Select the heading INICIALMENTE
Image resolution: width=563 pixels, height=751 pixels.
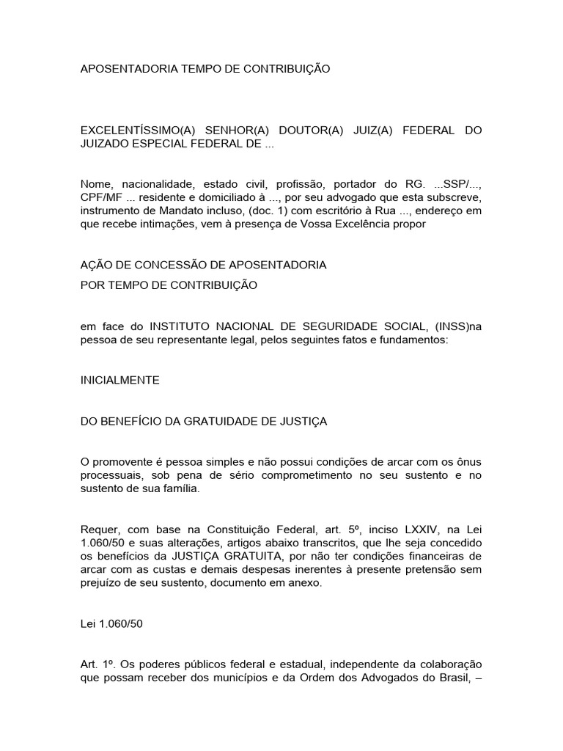tap(119, 381)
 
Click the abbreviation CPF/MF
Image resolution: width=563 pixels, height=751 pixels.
tap(101, 197)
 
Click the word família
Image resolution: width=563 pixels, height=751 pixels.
tap(180, 489)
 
